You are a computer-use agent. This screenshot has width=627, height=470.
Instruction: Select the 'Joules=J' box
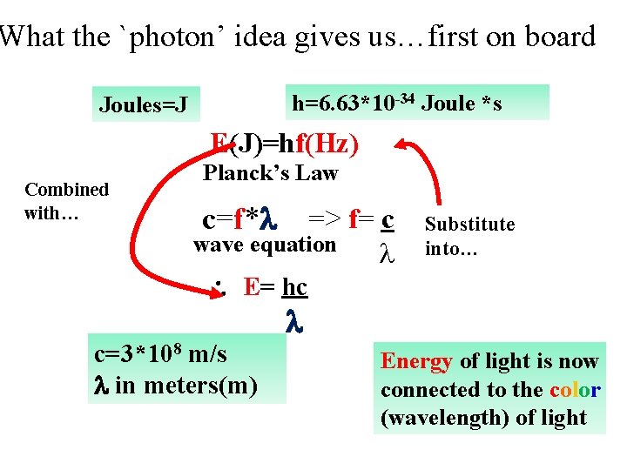(x=144, y=105)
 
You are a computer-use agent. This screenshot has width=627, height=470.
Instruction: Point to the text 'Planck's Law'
(x=270, y=173)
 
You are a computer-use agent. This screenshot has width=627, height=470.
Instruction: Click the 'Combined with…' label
(x=66, y=200)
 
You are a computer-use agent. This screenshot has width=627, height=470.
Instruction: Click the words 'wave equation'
(x=265, y=245)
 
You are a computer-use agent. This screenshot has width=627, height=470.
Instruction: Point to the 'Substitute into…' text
(x=469, y=236)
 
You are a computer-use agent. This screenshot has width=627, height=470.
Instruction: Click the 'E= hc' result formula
(x=275, y=287)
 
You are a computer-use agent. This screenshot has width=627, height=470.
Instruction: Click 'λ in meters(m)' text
(x=175, y=383)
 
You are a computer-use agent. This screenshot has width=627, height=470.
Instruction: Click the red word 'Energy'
(x=416, y=361)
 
